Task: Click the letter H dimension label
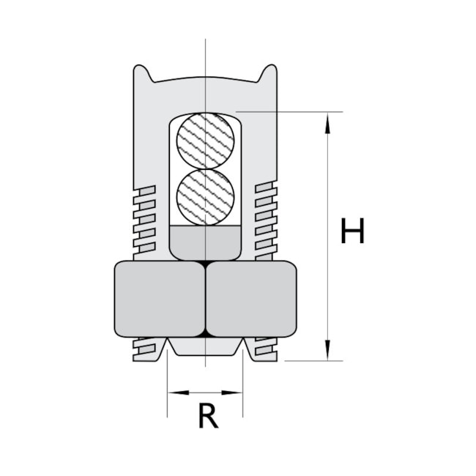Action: [352, 231]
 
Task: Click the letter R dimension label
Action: [208, 417]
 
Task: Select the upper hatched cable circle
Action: [206, 140]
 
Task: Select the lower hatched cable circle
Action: [206, 197]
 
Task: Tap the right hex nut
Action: [251, 299]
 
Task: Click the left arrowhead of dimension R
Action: [174, 393]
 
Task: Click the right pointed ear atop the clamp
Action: [269, 72]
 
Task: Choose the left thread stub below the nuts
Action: [146, 349]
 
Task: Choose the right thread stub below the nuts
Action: [265, 349]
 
